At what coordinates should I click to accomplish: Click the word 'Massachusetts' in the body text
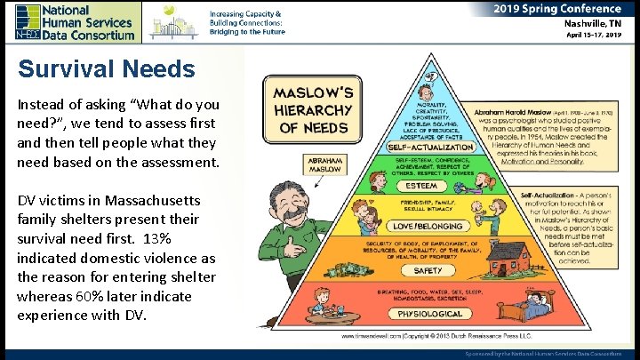(151, 200)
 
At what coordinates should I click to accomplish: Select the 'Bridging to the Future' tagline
(248, 31)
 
